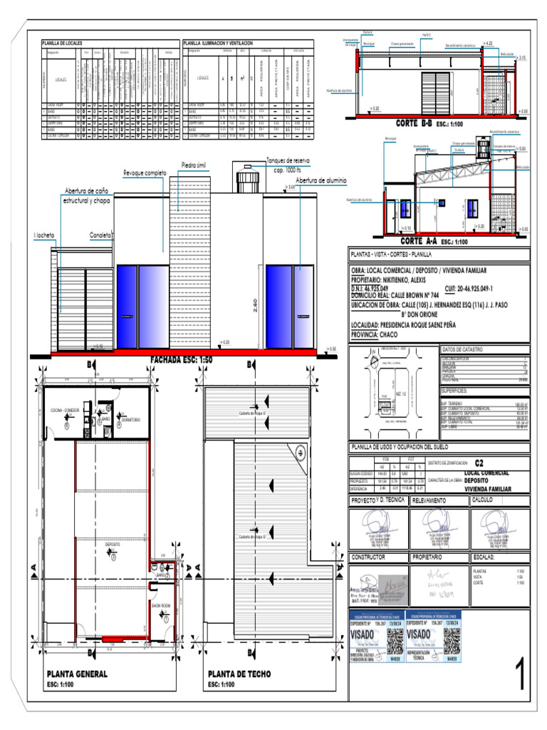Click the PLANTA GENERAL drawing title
[x=77, y=674]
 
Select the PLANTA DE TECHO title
[x=238, y=674]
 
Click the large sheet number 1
[x=521, y=676]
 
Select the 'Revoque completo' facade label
[x=145, y=173]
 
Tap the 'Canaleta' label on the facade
[x=100, y=235]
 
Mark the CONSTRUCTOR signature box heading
[x=369, y=556]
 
